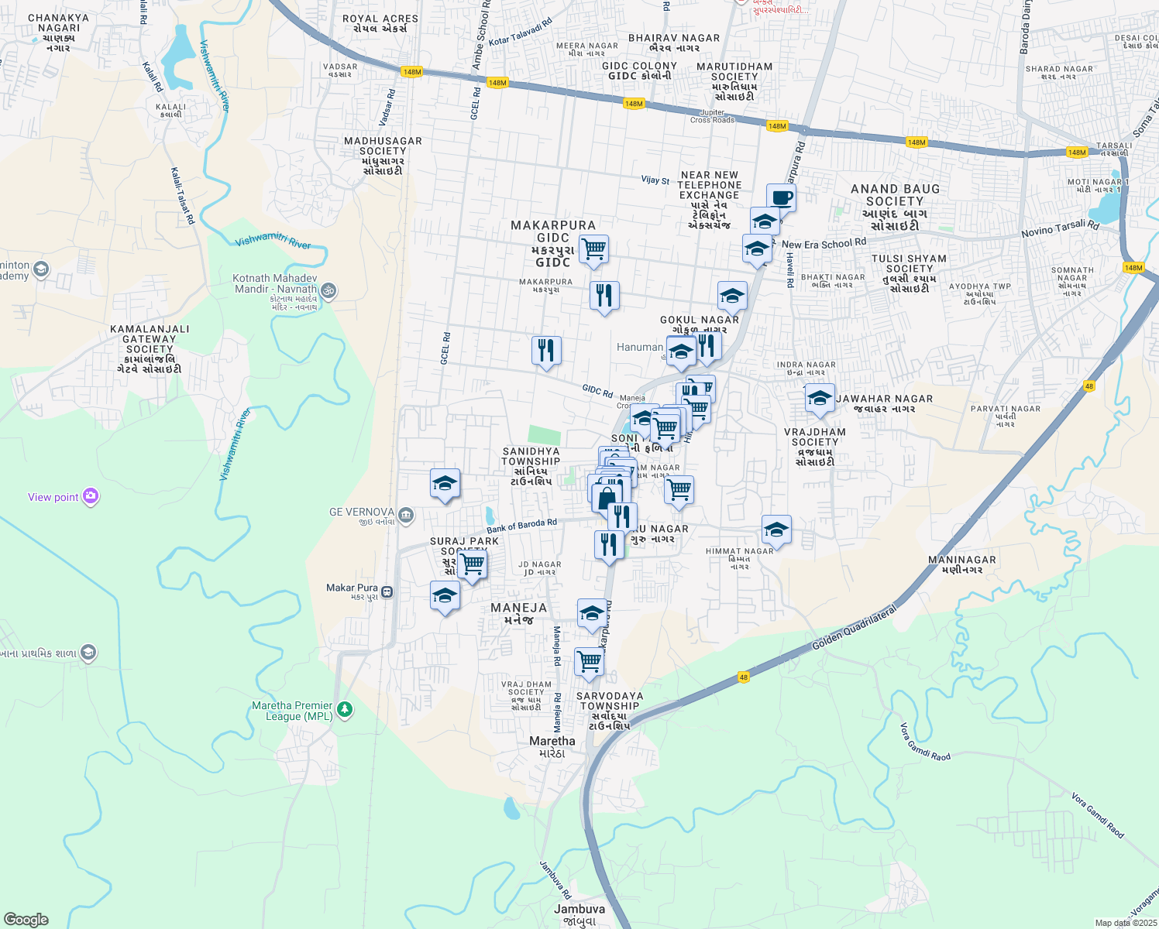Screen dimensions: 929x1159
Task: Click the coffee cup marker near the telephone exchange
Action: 781,197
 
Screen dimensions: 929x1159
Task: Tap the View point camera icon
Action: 91,496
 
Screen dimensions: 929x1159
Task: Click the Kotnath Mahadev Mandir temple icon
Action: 328,290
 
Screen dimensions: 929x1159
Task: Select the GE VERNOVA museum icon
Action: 406,515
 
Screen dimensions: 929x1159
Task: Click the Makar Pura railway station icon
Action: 387,592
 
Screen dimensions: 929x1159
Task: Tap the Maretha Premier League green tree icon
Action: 345,709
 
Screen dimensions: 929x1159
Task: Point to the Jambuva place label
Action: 579,910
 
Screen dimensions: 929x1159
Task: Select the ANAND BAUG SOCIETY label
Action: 895,207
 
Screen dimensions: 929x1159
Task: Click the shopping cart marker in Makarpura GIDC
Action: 593,249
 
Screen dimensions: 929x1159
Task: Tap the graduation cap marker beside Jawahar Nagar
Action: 820,398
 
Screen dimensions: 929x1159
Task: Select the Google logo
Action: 26,920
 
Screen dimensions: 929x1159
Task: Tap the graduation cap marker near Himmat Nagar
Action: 776,530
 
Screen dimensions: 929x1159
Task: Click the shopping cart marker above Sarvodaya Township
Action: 589,662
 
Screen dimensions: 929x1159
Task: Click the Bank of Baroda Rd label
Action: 521,526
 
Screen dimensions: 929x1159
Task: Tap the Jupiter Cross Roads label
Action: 712,116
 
